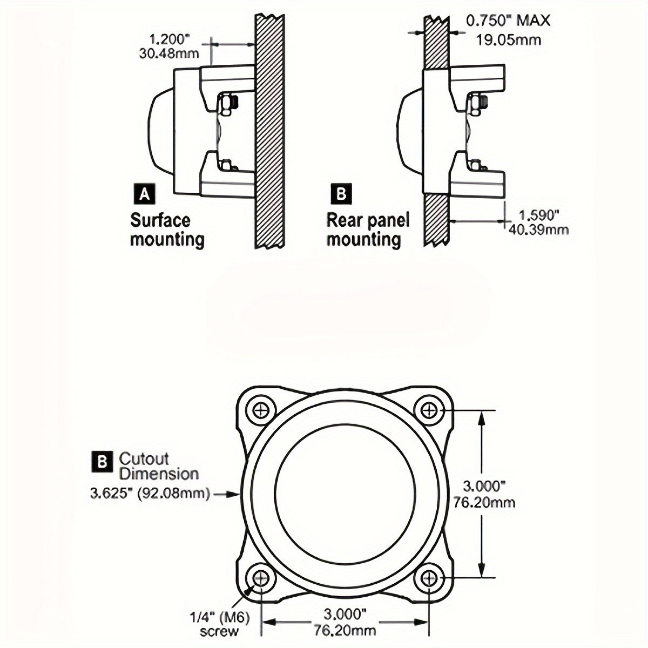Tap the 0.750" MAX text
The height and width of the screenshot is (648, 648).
(508, 21)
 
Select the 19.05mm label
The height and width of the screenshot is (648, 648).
(509, 39)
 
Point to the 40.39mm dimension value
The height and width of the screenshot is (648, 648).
(538, 230)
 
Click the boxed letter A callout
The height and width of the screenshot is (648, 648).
(144, 194)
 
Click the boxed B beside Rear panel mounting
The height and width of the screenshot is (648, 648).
(341, 193)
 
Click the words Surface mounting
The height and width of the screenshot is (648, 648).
(167, 230)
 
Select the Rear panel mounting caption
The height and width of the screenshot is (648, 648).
(368, 230)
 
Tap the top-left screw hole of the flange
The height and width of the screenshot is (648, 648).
(262, 410)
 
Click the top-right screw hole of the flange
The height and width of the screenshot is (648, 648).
(430, 410)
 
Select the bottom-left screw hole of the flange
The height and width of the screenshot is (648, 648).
(262, 578)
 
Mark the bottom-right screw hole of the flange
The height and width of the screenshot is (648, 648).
(430, 578)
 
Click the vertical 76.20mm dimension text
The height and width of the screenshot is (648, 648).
(484, 503)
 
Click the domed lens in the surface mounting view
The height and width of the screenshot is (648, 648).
(160, 130)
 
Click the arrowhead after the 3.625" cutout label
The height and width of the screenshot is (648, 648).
(234, 493)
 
